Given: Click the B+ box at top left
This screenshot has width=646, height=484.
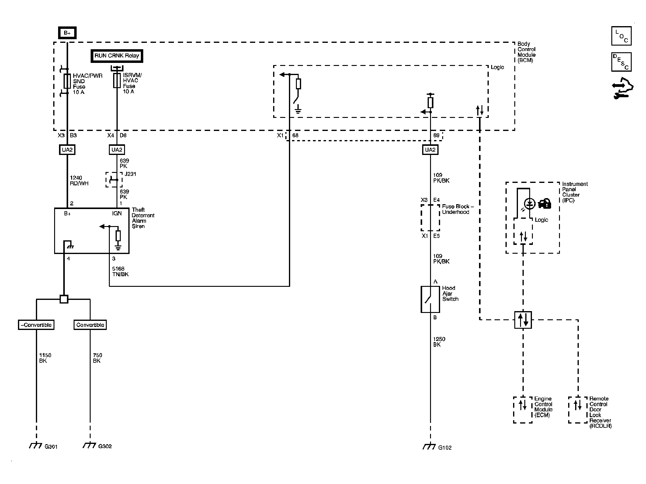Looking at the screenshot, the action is pos(67,33).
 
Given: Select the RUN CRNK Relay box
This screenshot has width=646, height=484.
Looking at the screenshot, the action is pos(117,56).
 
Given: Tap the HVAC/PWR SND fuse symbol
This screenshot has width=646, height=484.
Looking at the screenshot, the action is pos(67,81).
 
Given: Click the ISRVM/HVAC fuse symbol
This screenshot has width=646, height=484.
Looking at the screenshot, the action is pos(117,81).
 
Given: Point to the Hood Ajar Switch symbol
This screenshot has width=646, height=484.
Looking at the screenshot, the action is pos(430,299).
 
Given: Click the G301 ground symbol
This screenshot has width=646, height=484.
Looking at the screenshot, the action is pos(36,446).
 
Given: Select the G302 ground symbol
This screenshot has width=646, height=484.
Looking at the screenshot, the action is pos(89,445).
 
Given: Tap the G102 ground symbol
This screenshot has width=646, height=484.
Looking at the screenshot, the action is pos(429,447).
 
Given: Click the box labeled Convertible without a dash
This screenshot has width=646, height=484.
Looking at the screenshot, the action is pos(90,325).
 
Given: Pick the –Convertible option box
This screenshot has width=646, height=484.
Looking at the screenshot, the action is pos(36,325).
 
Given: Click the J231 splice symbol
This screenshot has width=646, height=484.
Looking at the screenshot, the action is pos(114,180).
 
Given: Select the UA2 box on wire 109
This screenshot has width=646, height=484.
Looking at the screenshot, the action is pos(430,149).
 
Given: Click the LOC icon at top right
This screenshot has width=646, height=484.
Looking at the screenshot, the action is pos(621,36).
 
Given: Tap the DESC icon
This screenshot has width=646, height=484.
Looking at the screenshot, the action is pos(621,62).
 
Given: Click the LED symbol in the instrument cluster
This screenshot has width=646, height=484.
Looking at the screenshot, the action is pos(530,204).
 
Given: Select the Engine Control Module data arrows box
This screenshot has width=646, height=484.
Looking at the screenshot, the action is pos(523,410).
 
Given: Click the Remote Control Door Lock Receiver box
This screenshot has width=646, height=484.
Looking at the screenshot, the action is pos(578,410).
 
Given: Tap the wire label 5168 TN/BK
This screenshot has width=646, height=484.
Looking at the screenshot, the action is pos(120,271).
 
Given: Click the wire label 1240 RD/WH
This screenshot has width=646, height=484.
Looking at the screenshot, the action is pos(79,180).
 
